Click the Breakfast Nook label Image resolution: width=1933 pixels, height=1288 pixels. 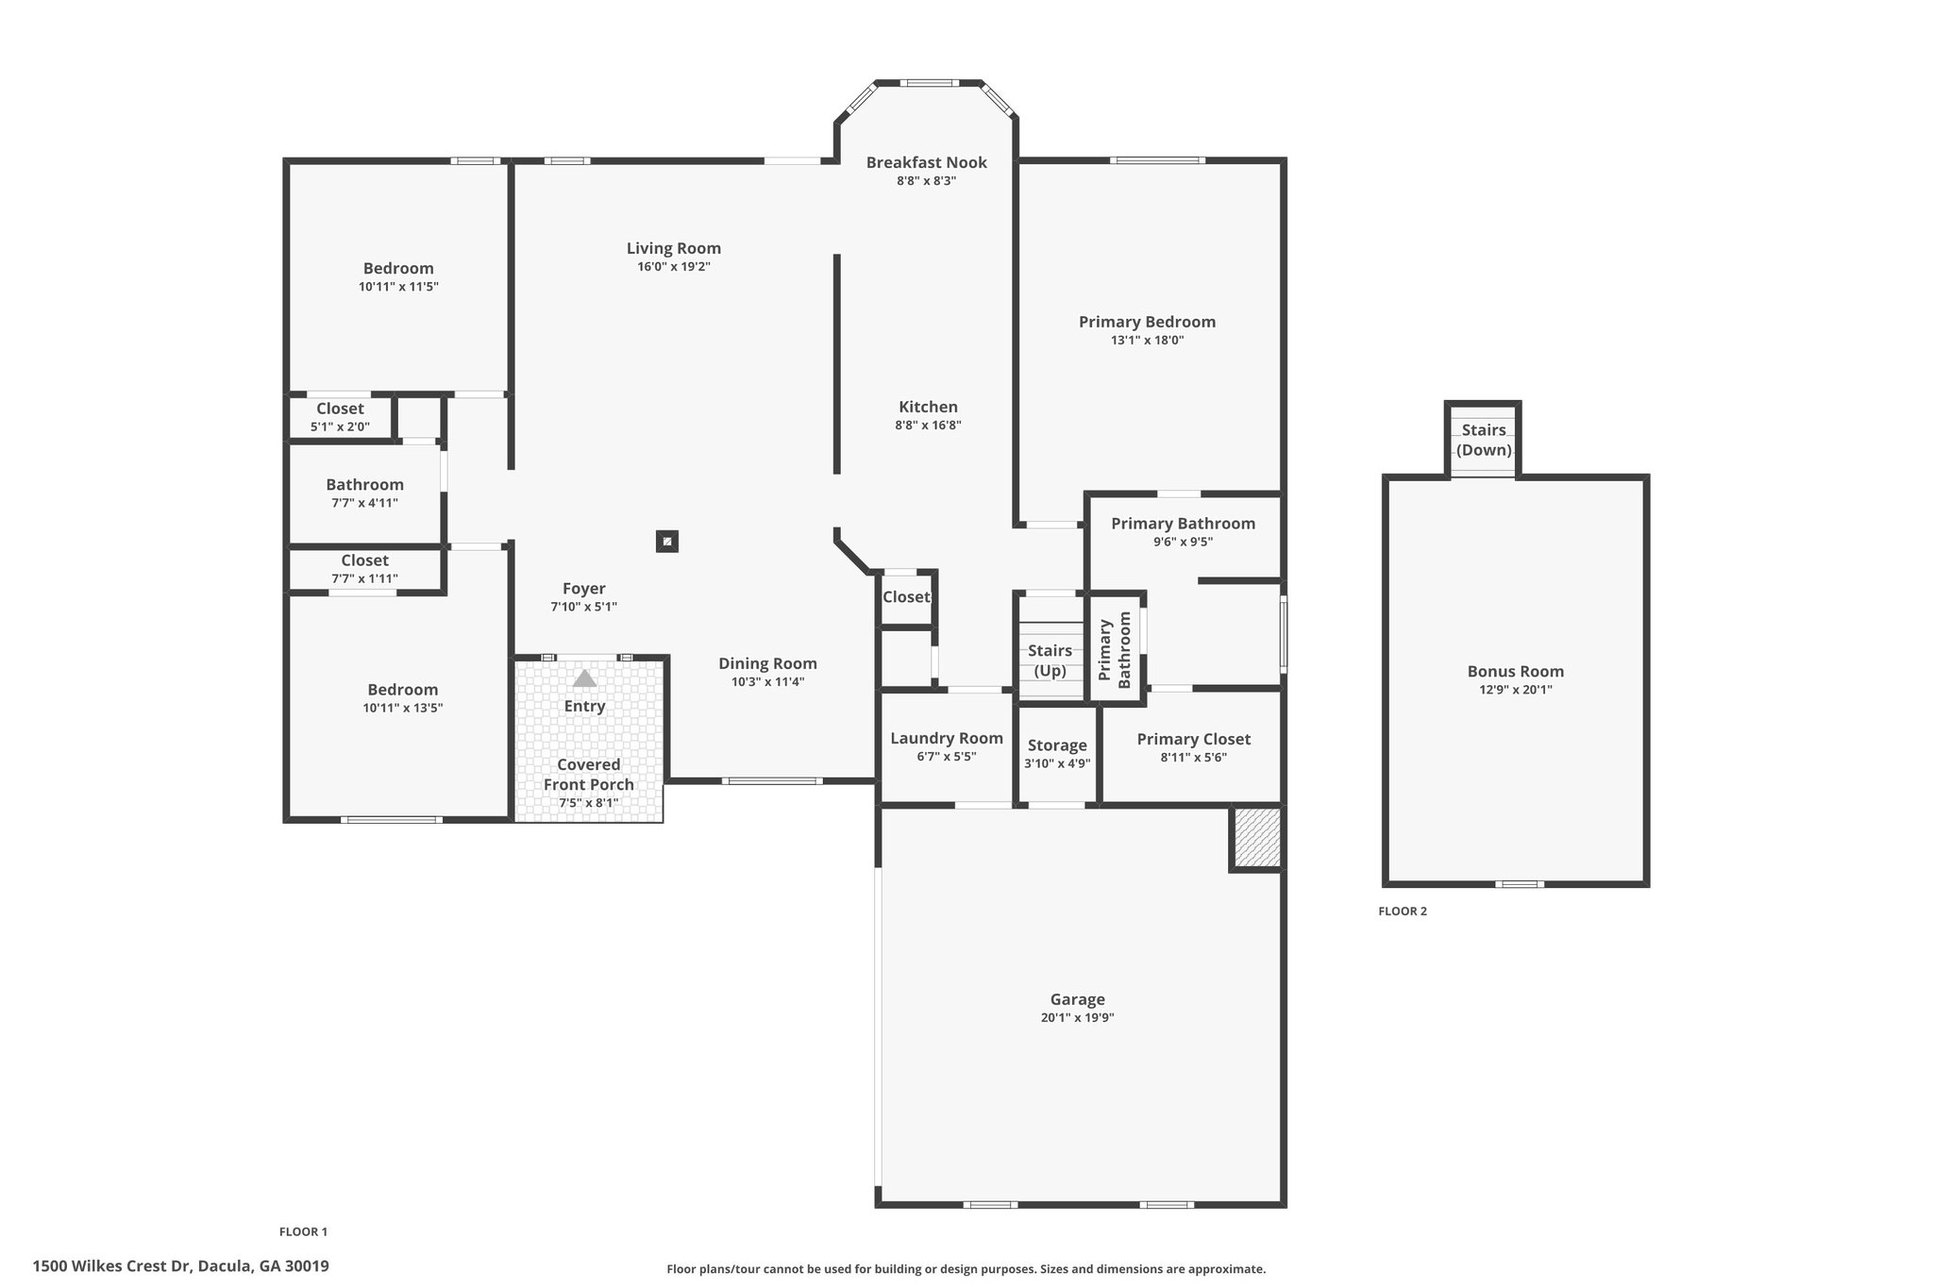[927, 162]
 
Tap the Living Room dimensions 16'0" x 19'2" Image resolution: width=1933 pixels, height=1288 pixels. [674, 267]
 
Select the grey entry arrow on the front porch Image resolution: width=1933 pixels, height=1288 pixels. [585, 678]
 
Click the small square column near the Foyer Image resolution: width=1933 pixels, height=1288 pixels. [667, 542]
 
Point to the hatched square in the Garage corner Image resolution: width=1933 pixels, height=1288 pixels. [1257, 837]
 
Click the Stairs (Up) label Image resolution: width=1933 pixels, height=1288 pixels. [1050, 661]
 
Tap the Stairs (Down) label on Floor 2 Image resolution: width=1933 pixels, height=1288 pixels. [1484, 440]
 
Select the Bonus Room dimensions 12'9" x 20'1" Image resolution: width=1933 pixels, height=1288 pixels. [1516, 690]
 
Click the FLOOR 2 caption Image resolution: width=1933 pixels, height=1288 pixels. [1403, 912]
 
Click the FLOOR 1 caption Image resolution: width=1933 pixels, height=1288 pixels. [303, 1231]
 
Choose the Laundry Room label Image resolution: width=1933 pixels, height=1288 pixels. [947, 738]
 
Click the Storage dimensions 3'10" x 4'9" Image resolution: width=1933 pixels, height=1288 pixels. [1057, 763]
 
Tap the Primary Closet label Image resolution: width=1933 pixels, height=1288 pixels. [1194, 739]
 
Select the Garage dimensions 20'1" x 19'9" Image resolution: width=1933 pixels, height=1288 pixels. [1077, 1017]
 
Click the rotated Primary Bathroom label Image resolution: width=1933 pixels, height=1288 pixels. [1114, 650]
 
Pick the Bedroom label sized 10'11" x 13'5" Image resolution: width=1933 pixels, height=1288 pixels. [403, 690]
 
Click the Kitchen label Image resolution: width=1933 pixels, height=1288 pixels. [928, 407]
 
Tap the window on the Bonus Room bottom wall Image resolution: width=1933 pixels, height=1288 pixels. [1520, 884]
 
